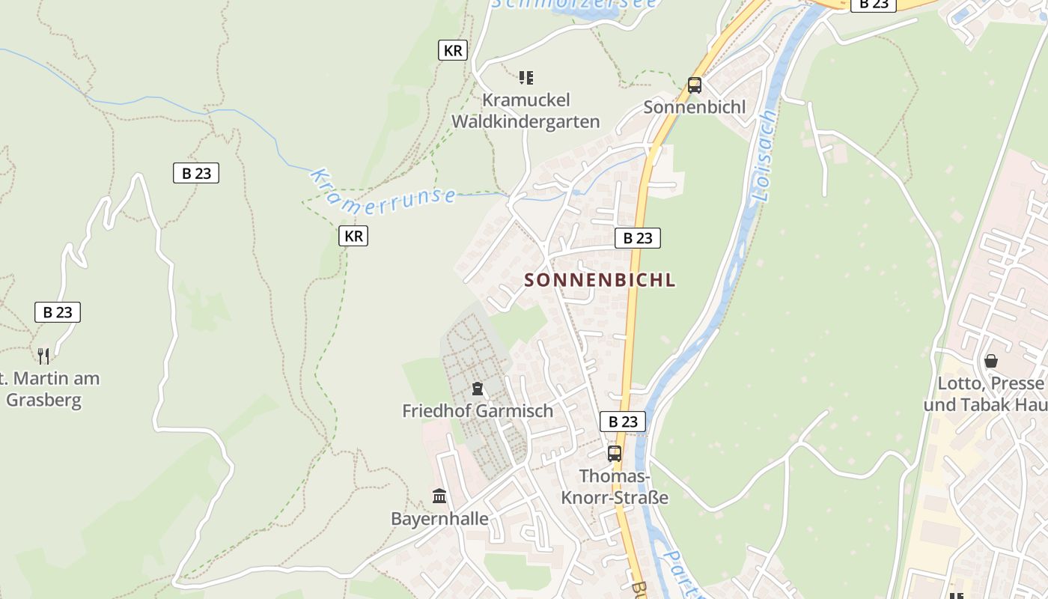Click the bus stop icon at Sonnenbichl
[x=695, y=85]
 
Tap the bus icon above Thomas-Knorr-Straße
[x=615, y=453]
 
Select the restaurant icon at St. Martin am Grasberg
[x=43, y=356]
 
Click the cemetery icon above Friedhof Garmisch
[x=477, y=389]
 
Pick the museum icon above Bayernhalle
[x=439, y=496]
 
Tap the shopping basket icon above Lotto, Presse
[x=991, y=361]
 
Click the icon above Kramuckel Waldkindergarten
[x=526, y=78]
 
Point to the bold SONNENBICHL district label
[x=600, y=280]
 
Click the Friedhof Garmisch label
[x=478, y=411]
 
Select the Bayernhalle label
[x=439, y=519]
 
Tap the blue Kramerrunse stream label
[x=383, y=192]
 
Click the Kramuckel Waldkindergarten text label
[x=526, y=111]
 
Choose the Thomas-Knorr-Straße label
[x=615, y=487]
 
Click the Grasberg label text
[x=43, y=399]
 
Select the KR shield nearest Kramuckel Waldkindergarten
[x=453, y=50]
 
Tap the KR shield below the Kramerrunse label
[x=353, y=236]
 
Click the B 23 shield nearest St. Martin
[x=58, y=312]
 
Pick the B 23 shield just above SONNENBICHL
[x=638, y=238]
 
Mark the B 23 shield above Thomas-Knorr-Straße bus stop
[x=623, y=422]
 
